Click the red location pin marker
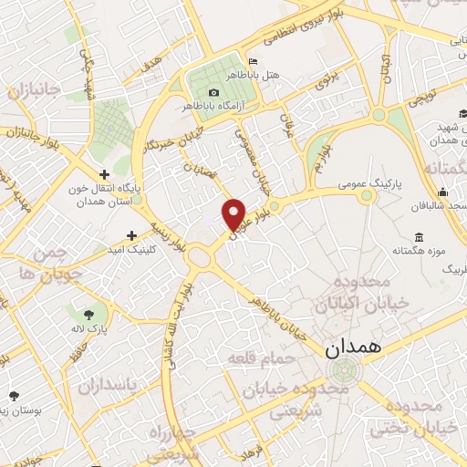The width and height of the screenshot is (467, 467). point(234,214)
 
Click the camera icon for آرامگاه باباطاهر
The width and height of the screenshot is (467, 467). point(213,92)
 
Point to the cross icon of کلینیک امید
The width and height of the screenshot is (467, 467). point(133,235)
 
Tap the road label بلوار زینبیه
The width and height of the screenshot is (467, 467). point(171,233)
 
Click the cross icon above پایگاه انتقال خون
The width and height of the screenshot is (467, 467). point(105,174)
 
